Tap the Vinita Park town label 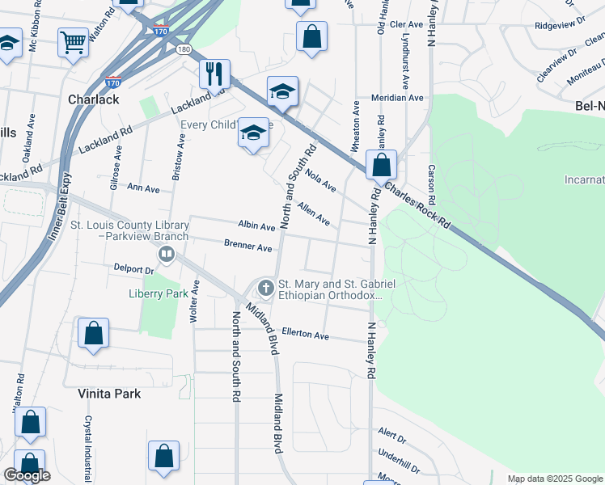point(109,394)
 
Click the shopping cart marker point(73,41)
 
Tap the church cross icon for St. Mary point(265,287)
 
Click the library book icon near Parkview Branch point(167,255)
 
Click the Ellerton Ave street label point(305,334)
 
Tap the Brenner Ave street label point(247,247)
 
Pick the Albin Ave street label point(256,226)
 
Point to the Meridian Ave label point(397,98)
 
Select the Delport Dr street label point(133,268)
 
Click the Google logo point(27,475)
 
